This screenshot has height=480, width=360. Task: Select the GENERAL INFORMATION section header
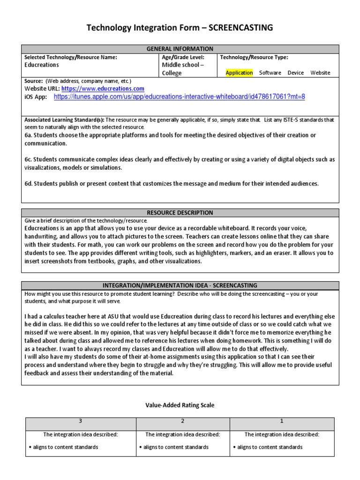pos(180,49)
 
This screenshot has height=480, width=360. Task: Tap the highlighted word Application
pos(239,73)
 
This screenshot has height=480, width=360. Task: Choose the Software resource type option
pos(270,73)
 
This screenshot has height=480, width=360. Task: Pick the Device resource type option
pos(295,73)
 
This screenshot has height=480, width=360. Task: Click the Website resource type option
pos(320,73)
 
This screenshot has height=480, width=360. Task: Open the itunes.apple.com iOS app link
pos(180,97)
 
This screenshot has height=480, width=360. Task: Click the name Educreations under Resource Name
pos(42,65)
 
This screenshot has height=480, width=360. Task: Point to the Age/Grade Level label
pos(183,57)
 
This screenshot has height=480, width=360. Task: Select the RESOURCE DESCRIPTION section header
pos(180,212)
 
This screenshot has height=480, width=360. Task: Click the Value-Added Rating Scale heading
pos(180,405)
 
